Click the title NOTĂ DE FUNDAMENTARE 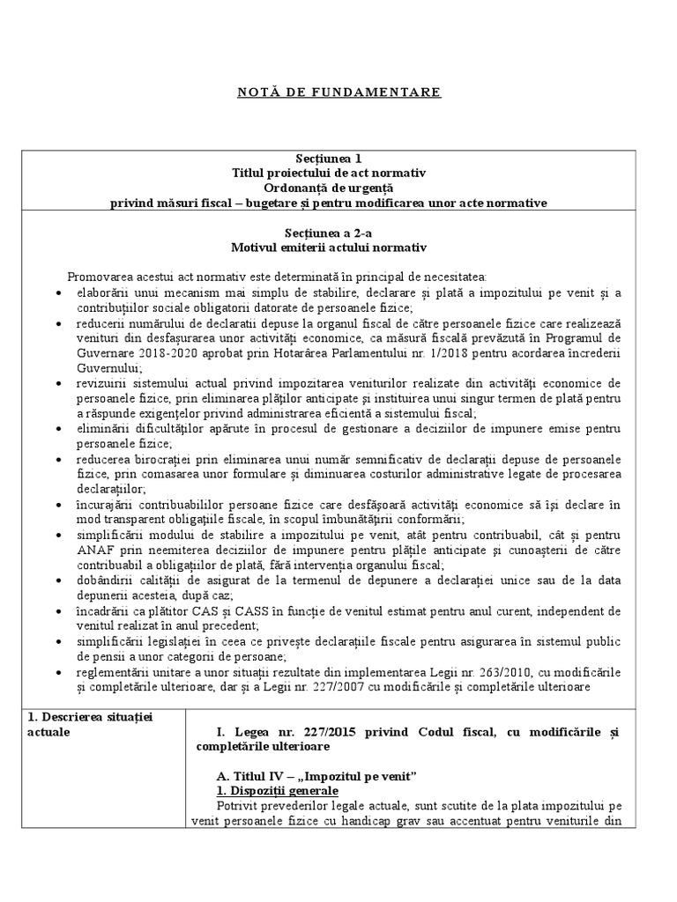tap(338, 92)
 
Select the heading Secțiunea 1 tap(338, 159)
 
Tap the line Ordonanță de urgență tap(338, 188)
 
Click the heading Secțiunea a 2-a tap(338, 232)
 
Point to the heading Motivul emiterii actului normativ tap(338, 247)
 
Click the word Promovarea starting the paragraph tap(96, 277)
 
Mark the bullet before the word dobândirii tap(58, 580)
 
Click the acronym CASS tap(230, 610)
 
